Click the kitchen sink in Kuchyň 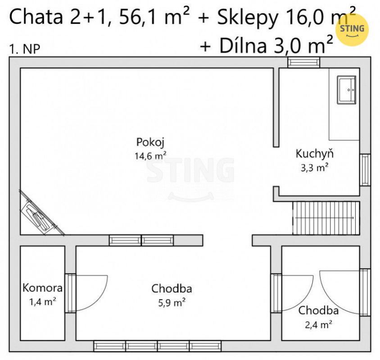(346, 90)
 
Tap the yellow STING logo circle (352, 30)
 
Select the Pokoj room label (150, 142)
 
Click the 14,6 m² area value (150, 155)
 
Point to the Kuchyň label (314, 154)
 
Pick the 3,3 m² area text (315, 168)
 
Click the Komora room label (42, 288)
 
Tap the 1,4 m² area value (43, 302)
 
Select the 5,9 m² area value (172, 302)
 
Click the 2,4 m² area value (318, 324)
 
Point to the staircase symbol (326, 218)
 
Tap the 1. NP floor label (24, 49)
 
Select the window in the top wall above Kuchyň (303, 62)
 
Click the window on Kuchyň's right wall (365, 170)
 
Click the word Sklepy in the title (247, 18)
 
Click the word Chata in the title (36, 17)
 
